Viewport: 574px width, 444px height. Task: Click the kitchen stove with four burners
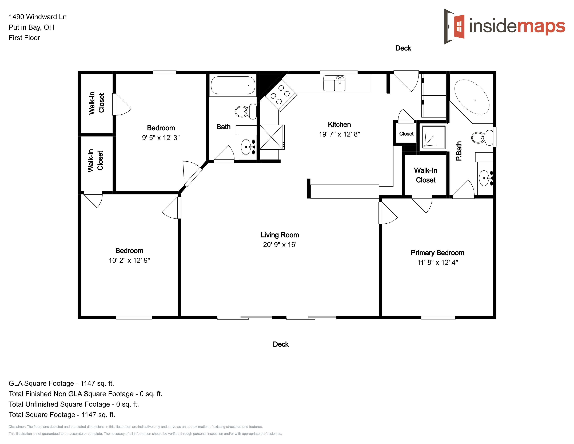(281, 95)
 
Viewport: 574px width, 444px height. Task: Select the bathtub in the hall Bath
(233, 85)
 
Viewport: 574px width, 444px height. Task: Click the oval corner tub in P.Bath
(472, 97)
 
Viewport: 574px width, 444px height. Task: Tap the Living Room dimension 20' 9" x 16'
(280, 245)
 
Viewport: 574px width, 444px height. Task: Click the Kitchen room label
(339, 124)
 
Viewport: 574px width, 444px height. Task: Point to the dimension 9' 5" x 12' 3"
(161, 138)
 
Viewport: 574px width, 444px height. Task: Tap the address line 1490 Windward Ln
(38, 17)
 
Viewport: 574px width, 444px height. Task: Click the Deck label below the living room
(281, 344)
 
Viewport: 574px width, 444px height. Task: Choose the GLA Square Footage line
(61, 383)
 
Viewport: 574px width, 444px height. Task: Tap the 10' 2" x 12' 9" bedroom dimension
(129, 260)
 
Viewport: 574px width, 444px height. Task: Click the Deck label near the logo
(403, 48)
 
